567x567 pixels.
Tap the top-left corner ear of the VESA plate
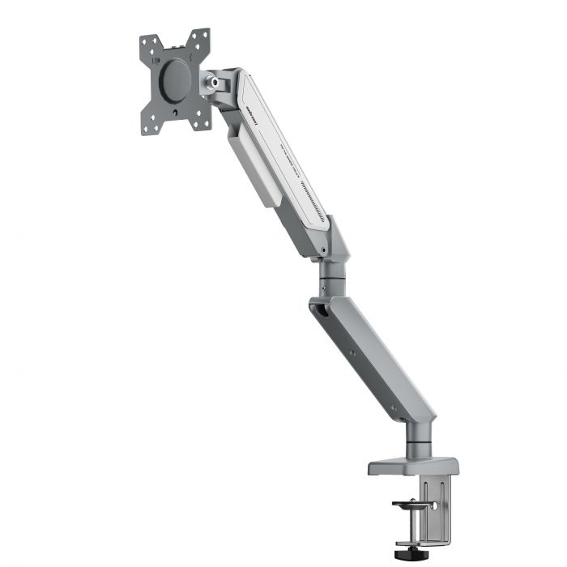148,45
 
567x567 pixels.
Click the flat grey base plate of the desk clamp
413,467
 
